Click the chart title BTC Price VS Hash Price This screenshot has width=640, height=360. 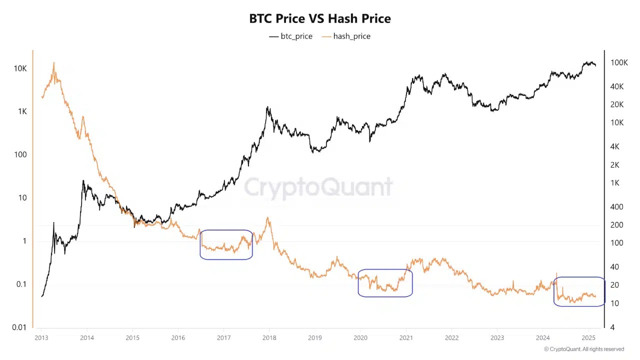pos(320,18)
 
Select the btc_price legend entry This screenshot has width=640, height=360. pos(290,36)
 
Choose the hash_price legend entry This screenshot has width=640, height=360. pos(346,36)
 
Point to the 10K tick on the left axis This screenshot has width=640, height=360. pos(20,68)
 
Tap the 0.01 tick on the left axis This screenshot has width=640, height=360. pos(19,327)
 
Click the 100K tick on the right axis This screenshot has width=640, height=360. pos(619,62)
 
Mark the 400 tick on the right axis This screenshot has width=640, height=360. pos(617,207)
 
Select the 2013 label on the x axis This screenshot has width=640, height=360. pos(41,338)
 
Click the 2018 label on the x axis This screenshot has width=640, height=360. pos(269,338)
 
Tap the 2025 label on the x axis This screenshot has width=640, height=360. pos(588,338)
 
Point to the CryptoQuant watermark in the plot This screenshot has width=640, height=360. pos(318,187)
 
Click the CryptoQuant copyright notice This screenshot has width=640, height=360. pos(583,349)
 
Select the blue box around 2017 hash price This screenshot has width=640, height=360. pos(226,244)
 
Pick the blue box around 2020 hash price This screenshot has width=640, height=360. pos(385,283)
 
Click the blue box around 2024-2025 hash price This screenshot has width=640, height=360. pos(579,291)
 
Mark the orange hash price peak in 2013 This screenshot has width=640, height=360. pos(54,63)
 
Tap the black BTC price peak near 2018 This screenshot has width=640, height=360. pos(268,107)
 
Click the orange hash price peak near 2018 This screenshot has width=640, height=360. pos(268,218)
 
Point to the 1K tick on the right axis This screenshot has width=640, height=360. pos(617,183)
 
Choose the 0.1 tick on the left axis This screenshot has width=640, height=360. pos(20,284)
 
